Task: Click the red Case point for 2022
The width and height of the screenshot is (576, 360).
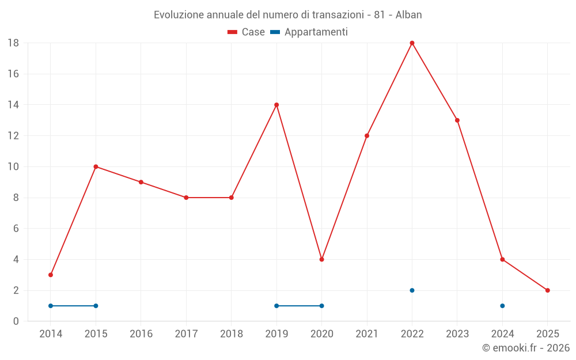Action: click(x=412, y=43)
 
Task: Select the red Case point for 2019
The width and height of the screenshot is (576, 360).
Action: click(x=276, y=105)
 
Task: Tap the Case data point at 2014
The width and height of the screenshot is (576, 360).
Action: click(x=51, y=275)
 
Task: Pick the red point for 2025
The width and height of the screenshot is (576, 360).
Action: click(x=547, y=290)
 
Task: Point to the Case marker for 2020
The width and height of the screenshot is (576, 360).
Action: click(x=321, y=259)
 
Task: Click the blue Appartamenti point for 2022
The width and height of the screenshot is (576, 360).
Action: click(x=412, y=290)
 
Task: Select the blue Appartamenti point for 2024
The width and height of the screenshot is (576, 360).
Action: click(x=502, y=306)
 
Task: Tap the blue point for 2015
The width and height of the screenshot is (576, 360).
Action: click(x=96, y=306)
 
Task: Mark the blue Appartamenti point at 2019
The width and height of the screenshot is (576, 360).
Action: click(x=276, y=306)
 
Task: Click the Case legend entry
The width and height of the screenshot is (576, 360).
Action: click(x=247, y=32)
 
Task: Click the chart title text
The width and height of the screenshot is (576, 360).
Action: click(x=287, y=15)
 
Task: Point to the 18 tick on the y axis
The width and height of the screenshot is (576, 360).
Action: click(x=13, y=43)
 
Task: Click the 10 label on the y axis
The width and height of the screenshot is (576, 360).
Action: click(x=13, y=167)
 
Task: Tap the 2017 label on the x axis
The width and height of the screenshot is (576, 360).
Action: click(x=186, y=334)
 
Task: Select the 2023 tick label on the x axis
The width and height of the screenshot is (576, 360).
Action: click(x=457, y=334)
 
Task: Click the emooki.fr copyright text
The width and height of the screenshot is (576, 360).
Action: click(x=526, y=348)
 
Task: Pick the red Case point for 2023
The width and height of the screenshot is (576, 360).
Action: click(x=457, y=120)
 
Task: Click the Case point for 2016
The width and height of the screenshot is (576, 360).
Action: click(x=141, y=182)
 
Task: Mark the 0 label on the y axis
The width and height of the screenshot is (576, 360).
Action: click(x=16, y=321)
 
